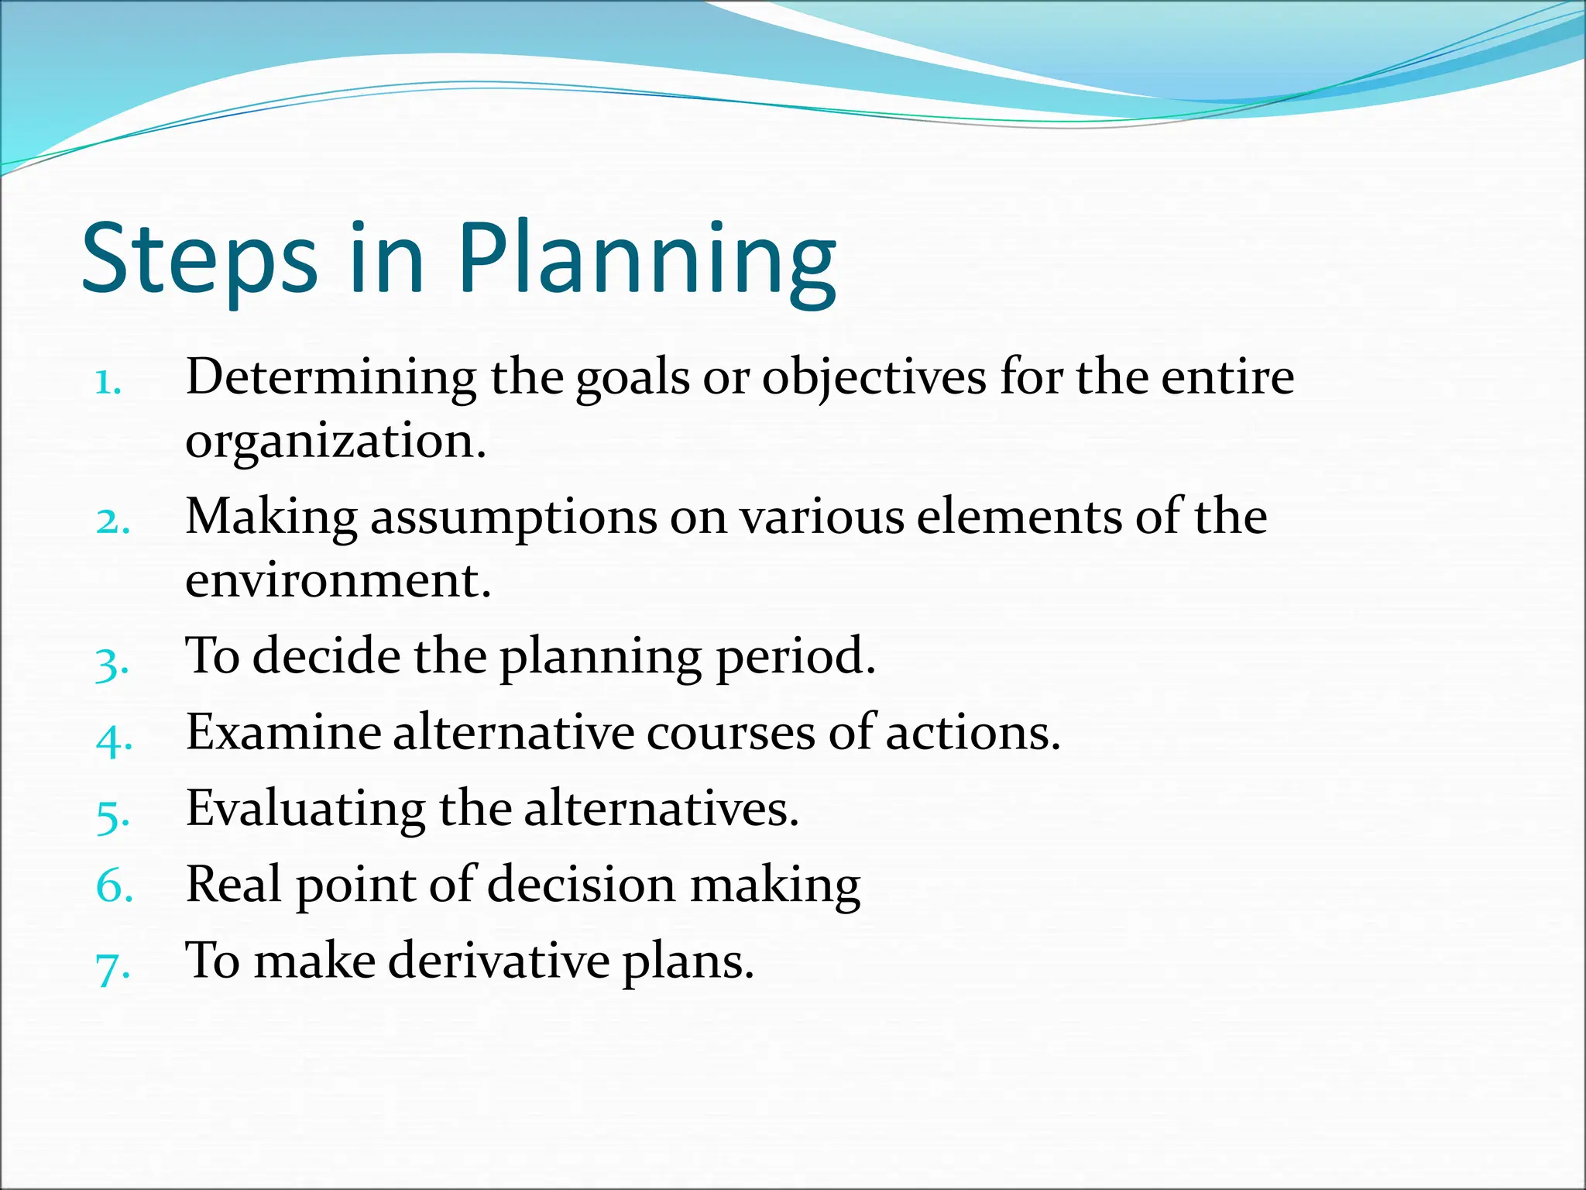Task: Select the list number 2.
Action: [x=112, y=521]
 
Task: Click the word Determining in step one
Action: [x=331, y=378]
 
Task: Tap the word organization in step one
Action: [x=335, y=442]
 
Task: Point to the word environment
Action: [x=338, y=580]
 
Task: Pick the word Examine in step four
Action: [x=283, y=732]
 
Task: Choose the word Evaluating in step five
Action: [x=305, y=809]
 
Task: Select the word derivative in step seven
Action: [x=499, y=961]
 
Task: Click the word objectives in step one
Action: [x=874, y=378]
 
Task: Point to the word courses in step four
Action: [x=730, y=732]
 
